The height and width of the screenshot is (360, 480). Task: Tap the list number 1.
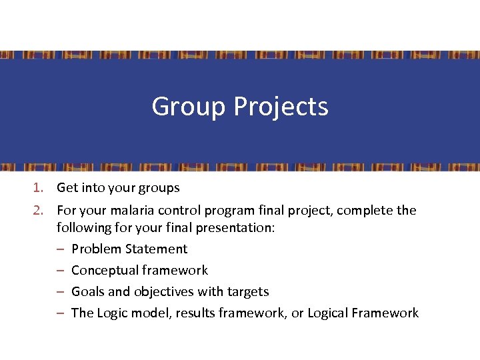click(x=39, y=188)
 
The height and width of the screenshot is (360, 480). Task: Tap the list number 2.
click(x=39, y=211)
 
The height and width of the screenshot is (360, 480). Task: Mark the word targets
click(x=247, y=291)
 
